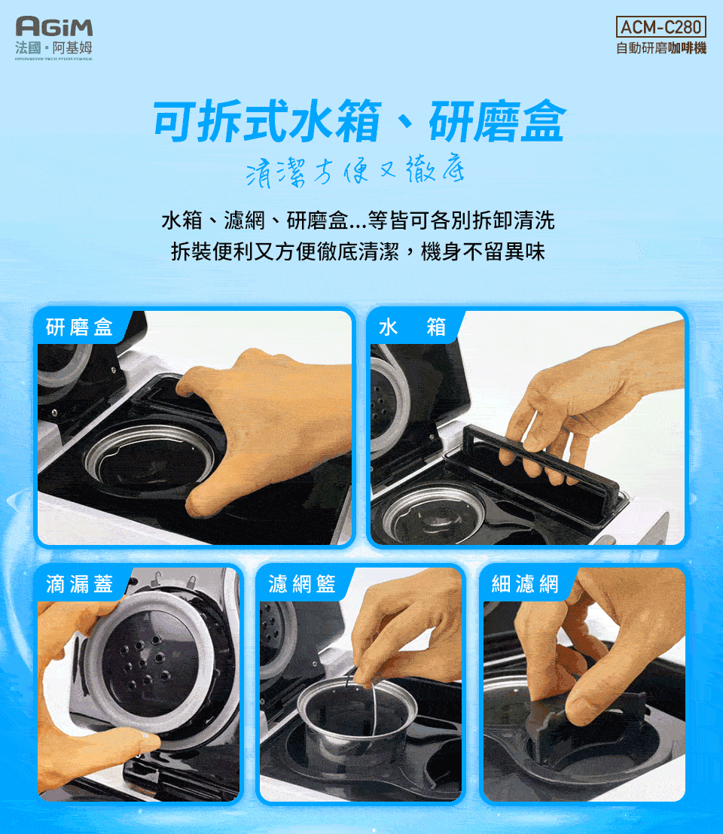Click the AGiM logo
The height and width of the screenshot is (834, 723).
tap(54, 29)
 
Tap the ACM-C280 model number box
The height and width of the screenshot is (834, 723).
tap(660, 29)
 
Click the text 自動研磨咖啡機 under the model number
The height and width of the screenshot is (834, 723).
tap(660, 49)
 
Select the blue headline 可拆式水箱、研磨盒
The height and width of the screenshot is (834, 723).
tap(358, 123)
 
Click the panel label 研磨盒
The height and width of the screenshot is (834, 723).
tap(79, 327)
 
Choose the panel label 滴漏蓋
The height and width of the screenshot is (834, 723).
tap(79, 583)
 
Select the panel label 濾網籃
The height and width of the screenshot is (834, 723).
tap(301, 583)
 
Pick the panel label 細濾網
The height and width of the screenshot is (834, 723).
tap(525, 583)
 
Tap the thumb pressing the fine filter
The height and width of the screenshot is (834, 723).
tap(595, 704)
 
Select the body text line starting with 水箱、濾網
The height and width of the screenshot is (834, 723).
tap(358, 221)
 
